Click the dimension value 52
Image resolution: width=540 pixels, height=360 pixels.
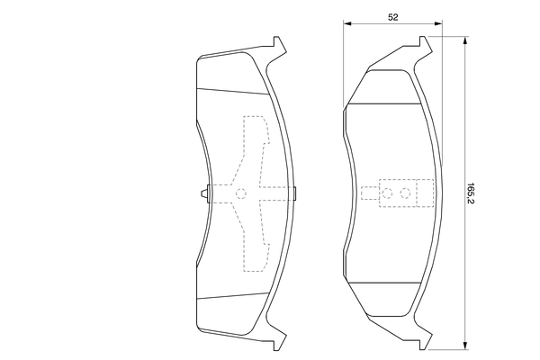(393, 17)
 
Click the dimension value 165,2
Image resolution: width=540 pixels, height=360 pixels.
(471, 193)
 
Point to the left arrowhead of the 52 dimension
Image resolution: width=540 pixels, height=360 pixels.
(347, 23)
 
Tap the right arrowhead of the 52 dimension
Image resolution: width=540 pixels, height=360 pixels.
(438, 23)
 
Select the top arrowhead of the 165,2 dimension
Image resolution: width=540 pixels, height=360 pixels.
(465, 40)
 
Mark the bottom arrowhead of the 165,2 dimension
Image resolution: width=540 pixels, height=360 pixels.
(465, 346)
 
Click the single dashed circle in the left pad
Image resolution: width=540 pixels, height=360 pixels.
(241, 193)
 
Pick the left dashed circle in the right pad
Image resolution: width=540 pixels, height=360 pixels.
(387, 193)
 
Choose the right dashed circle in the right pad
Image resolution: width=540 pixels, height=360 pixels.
(405, 193)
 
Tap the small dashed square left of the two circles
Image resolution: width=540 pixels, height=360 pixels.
(370, 193)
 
